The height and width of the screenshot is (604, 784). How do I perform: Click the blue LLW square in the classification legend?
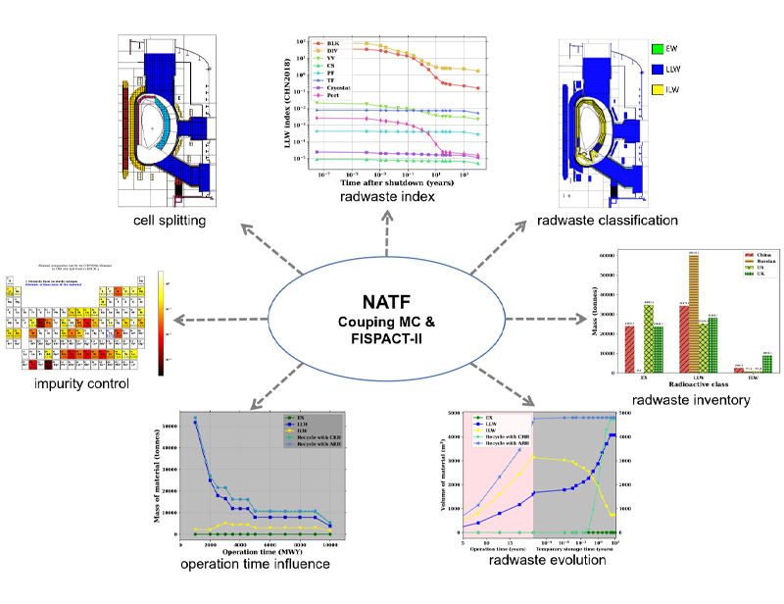click(658, 71)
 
